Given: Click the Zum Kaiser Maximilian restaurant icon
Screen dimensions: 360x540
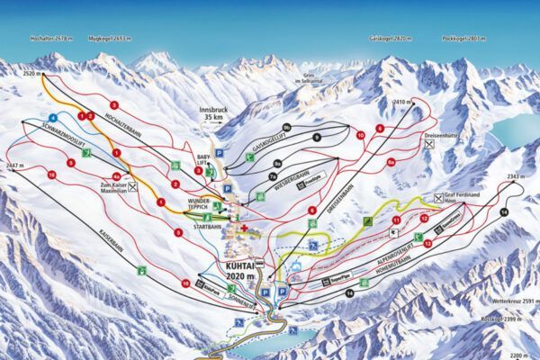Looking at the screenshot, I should click(133, 187).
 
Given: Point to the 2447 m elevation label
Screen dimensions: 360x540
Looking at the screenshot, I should click(13, 166).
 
